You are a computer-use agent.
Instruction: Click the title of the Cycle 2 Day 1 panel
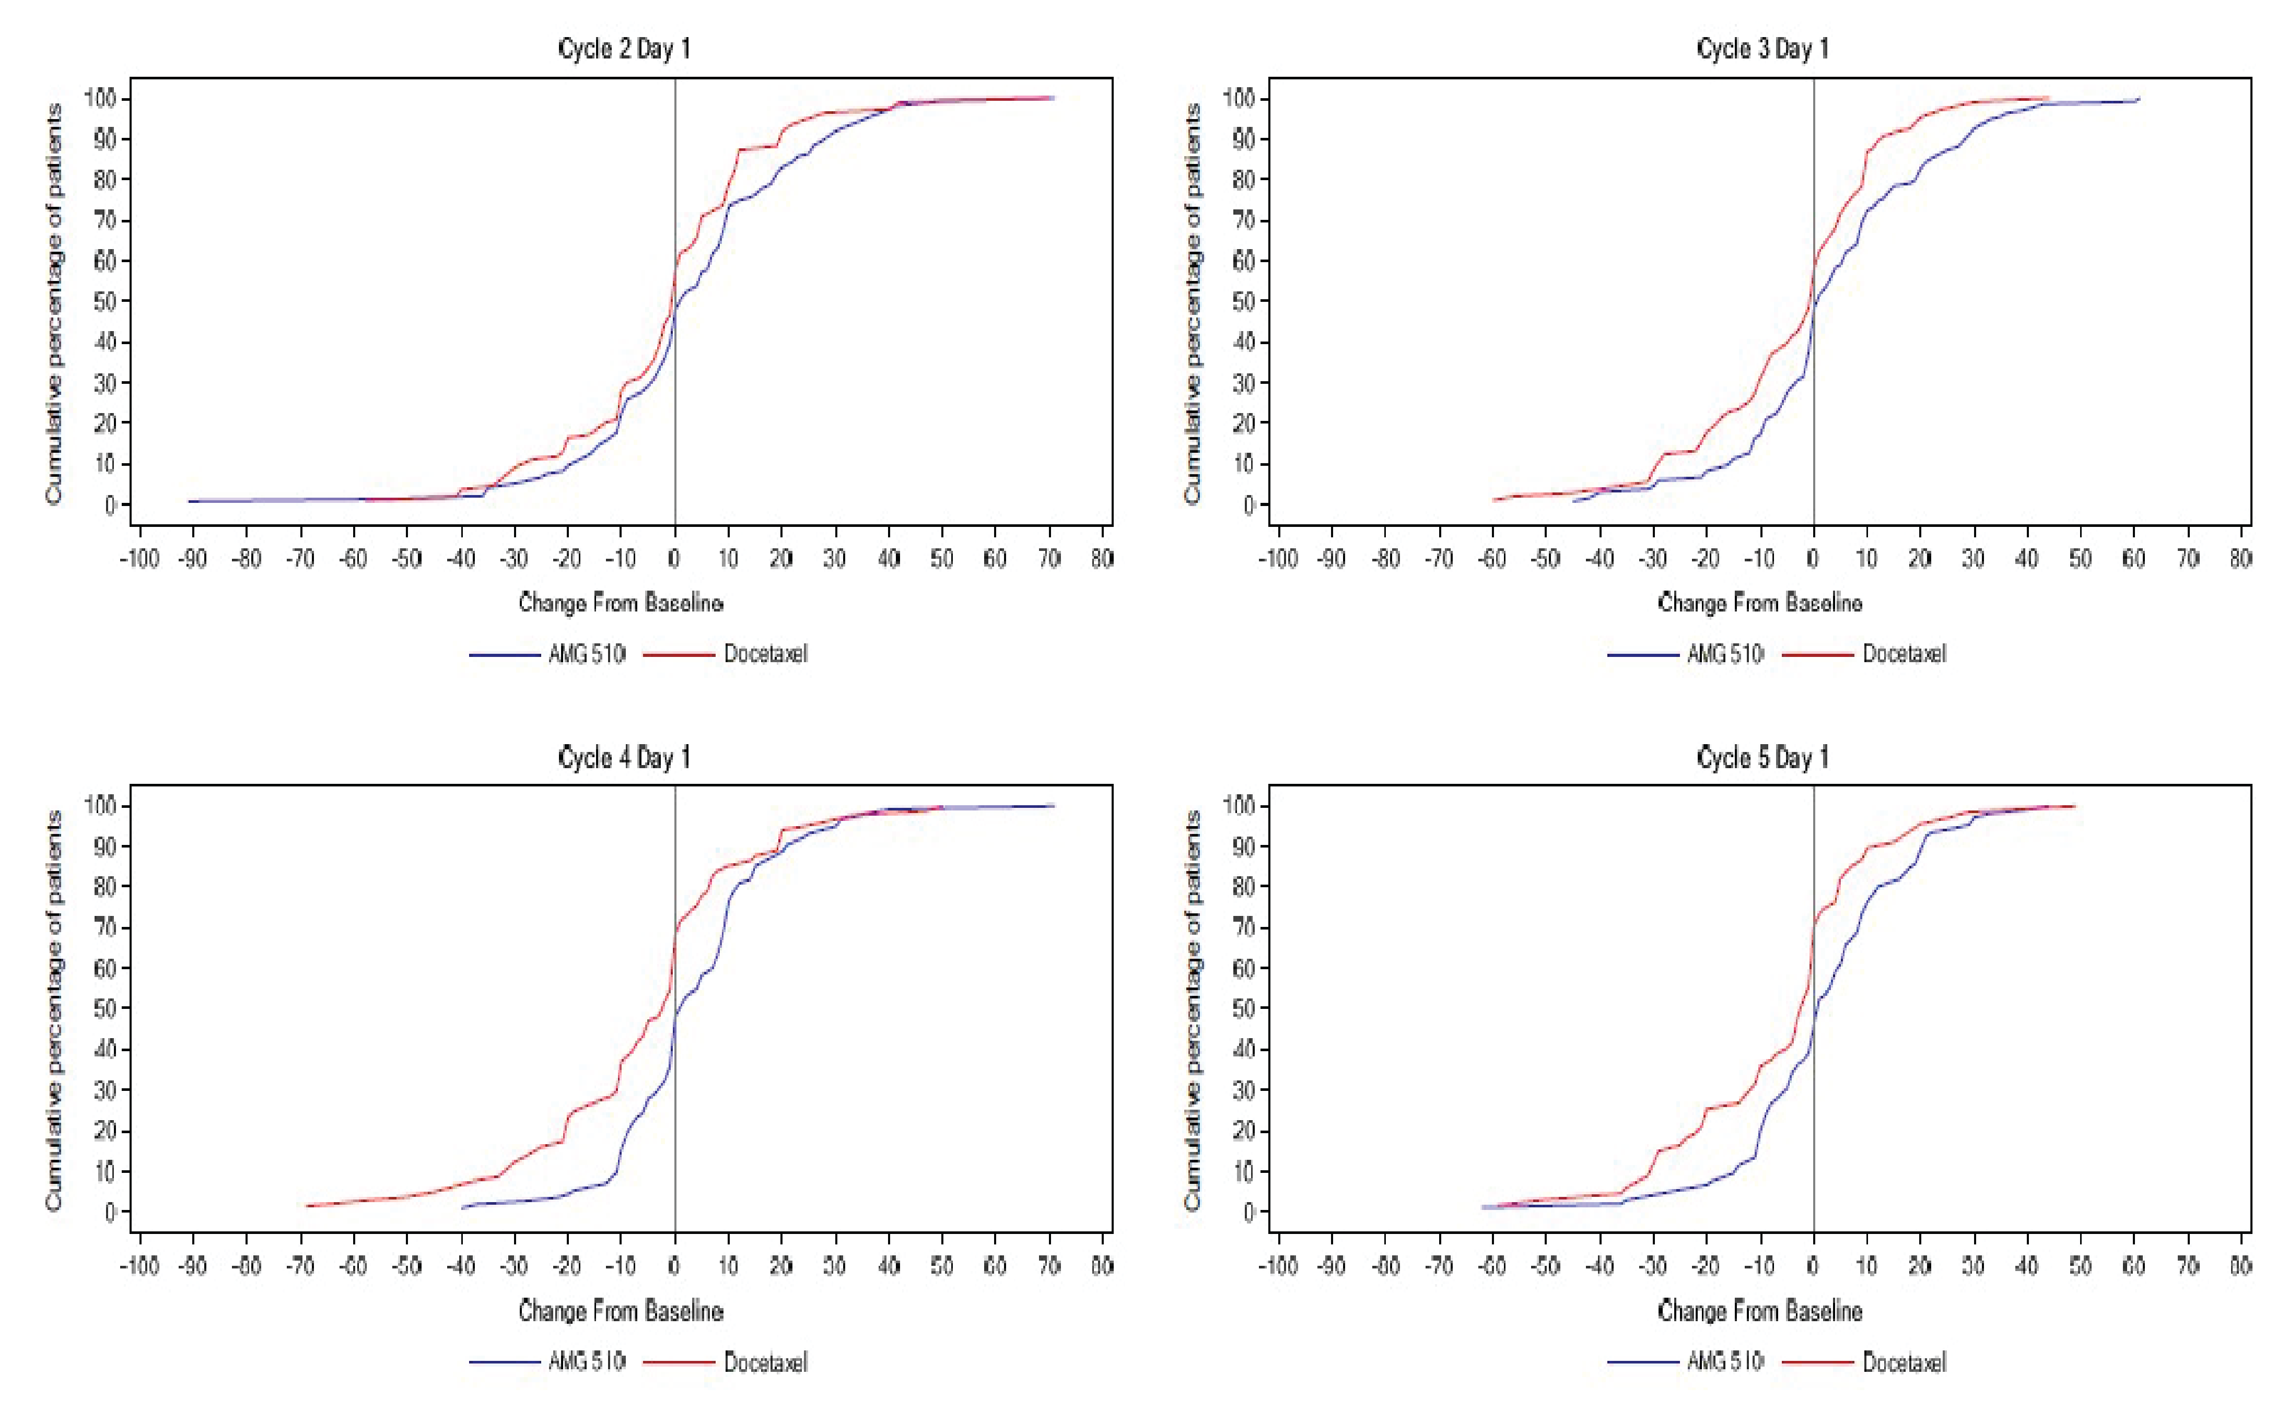624,49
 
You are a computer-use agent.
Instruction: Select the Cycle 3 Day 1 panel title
1761,49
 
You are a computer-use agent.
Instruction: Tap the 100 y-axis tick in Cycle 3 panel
1240,98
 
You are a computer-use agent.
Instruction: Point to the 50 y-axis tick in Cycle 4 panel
104,1009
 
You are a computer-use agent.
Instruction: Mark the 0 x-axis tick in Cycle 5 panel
1813,1266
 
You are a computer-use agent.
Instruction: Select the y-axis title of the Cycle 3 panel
1192,303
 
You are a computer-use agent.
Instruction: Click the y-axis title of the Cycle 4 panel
53,1010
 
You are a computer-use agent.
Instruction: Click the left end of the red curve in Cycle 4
307,1206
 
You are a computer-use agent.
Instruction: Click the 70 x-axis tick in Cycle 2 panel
1048,559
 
